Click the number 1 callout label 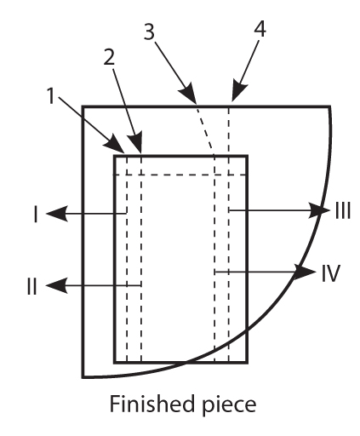pyautogui.click(x=51, y=95)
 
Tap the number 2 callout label pyautogui.click(x=109, y=57)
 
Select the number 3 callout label pyautogui.click(x=149, y=32)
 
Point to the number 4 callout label pyautogui.click(x=260, y=28)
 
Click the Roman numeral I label pyautogui.click(x=36, y=215)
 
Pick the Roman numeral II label pyautogui.click(x=32, y=286)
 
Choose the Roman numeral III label pyautogui.click(x=343, y=210)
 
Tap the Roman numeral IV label pyautogui.click(x=330, y=273)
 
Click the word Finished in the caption pyautogui.click(x=151, y=404)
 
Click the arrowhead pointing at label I pyautogui.click(x=57, y=214)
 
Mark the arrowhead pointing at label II pyautogui.click(x=57, y=285)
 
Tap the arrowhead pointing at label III pyautogui.click(x=319, y=210)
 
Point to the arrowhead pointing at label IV pyautogui.click(x=305, y=272)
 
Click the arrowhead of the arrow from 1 pyautogui.click(x=115, y=144)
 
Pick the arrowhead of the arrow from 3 pyautogui.click(x=188, y=93)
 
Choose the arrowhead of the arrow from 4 pyautogui.click(x=238, y=91)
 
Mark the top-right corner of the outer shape pyautogui.click(x=329, y=106)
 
